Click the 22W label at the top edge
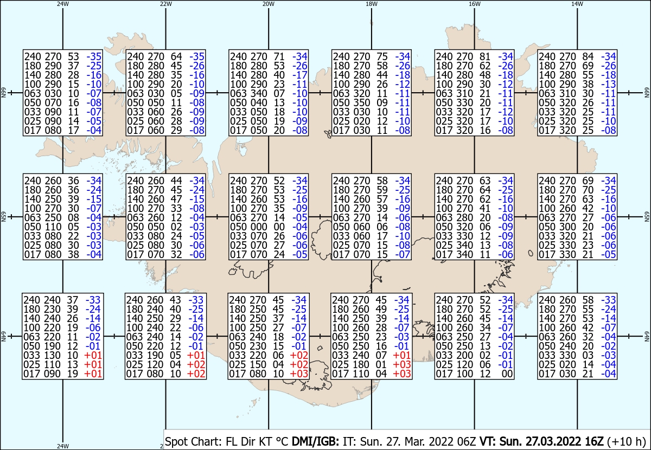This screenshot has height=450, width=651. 165,4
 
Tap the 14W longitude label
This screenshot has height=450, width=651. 577,4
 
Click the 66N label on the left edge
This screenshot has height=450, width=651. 3,93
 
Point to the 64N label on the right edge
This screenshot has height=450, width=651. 647,336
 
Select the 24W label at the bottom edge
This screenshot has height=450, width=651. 63,446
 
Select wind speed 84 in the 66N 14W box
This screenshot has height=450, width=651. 588,56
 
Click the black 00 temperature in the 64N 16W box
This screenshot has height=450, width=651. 507,374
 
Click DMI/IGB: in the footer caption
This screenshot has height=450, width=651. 315,441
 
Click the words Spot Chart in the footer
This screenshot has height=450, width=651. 194,441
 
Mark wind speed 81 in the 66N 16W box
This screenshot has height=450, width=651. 485,56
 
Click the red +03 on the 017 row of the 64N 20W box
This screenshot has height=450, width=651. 299,374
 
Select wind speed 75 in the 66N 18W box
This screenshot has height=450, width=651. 382,56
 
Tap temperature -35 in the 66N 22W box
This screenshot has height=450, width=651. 197,56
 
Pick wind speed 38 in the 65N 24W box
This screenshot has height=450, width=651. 73,254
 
